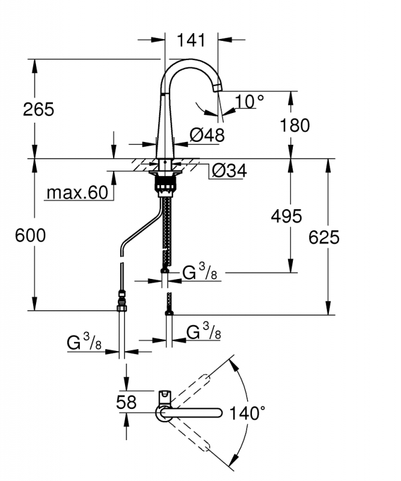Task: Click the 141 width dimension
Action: click(191, 40)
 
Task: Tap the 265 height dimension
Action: click(38, 109)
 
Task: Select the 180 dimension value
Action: click(295, 126)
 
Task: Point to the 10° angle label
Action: click(249, 102)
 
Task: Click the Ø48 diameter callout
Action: click(207, 135)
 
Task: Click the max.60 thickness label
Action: click(78, 192)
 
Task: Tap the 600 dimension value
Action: click(31, 236)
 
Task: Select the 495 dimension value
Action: click(287, 216)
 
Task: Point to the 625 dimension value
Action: click(324, 237)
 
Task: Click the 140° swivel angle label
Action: click(247, 413)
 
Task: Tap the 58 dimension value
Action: click(126, 402)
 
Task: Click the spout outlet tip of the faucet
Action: click(217, 87)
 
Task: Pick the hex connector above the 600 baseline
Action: click(122, 307)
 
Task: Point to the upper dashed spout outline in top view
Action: click(189, 388)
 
